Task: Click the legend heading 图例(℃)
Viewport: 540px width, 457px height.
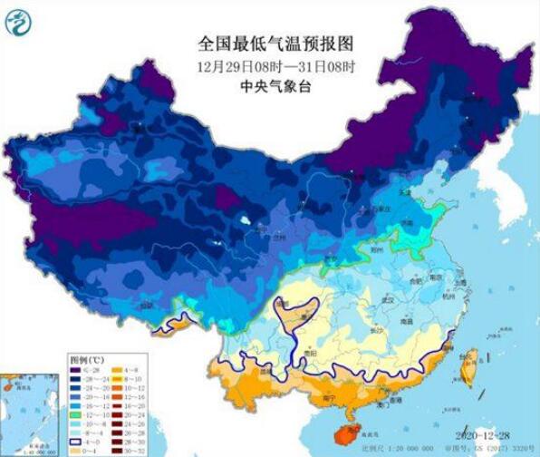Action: tap(88, 359)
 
